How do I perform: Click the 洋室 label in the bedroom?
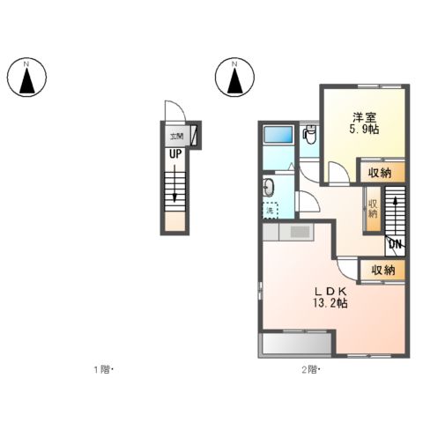(364, 117)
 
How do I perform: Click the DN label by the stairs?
(395, 243)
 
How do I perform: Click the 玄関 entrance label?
(176, 137)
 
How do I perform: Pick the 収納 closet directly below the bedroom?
(382, 173)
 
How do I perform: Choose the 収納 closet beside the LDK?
(382, 270)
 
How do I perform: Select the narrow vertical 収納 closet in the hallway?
(373, 208)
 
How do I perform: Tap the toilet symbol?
(308, 135)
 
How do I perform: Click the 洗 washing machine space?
(271, 211)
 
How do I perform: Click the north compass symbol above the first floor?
(26, 78)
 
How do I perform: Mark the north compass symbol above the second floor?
(234, 78)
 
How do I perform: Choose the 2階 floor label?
(308, 369)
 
